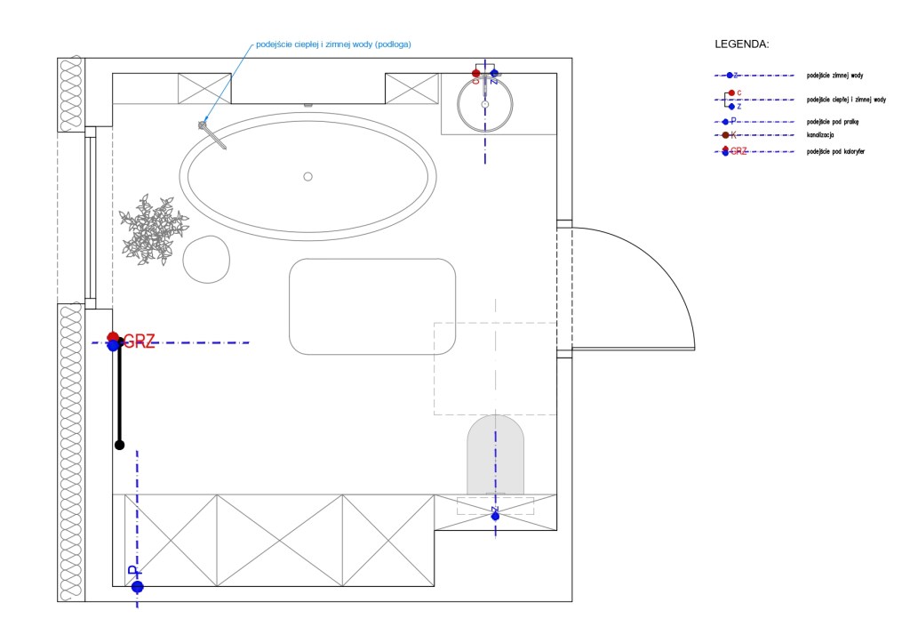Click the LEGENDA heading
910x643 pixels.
tap(741, 44)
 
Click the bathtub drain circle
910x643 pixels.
tap(307, 176)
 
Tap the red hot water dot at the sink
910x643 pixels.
tap(476, 73)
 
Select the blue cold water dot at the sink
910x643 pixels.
tap(494, 73)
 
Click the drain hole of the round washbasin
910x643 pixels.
tap(484, 105)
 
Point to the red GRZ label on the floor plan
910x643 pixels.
tap(140, 341)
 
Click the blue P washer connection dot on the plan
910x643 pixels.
tap(137, 586)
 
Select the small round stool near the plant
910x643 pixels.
tap(207, 260)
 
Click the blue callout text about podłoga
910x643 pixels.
tap(333, 44)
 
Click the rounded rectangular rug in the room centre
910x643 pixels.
tap(372, 306)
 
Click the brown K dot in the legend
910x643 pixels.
tap(726, 135)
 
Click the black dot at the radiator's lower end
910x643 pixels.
tap(119, 445)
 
